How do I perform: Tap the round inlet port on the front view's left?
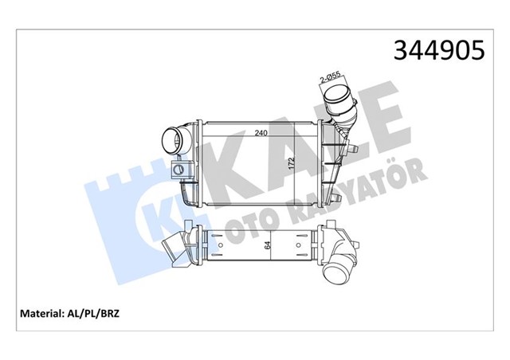[169, 143]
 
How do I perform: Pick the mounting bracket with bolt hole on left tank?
[180, 168]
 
